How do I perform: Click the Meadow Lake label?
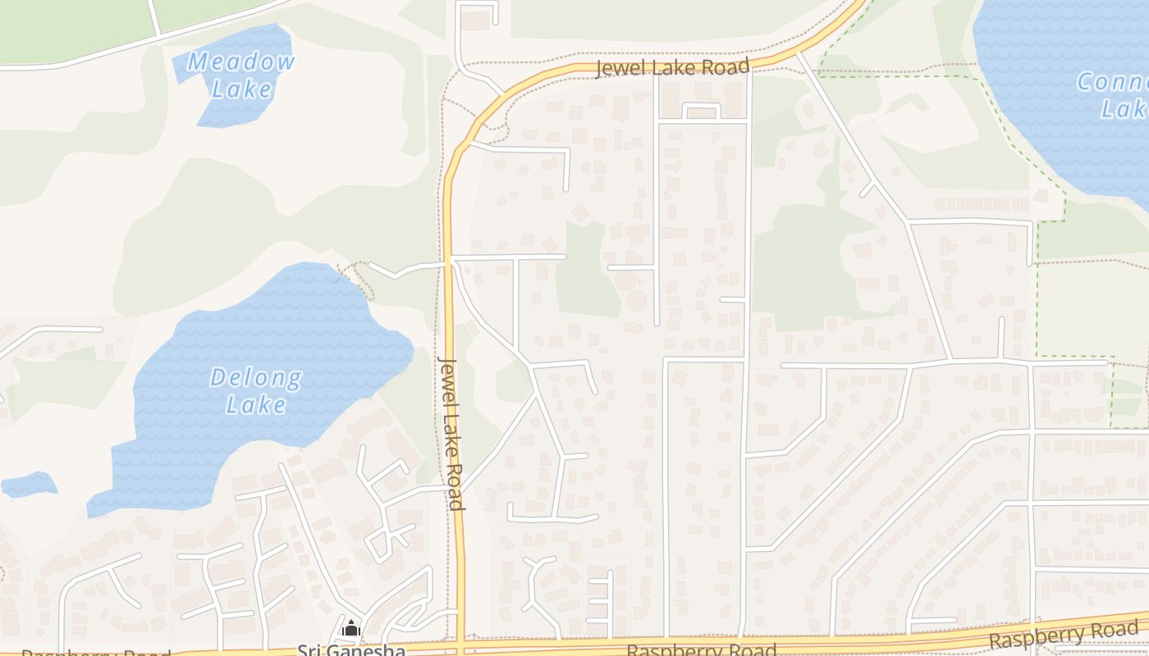pos(240,75)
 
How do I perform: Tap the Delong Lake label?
pos(256,390)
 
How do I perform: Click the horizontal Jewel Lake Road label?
pos(672,67)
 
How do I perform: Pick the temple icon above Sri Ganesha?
pos(351,629)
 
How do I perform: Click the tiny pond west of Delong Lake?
pos(29,485)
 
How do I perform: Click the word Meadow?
pos(240,61)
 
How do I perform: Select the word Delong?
pos(256,378)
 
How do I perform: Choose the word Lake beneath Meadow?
pos(241,89)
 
